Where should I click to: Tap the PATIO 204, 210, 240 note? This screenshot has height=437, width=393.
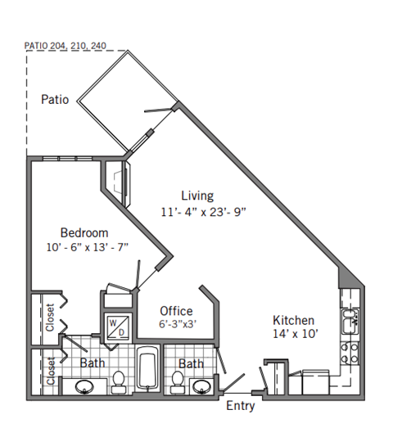tap(65, 47)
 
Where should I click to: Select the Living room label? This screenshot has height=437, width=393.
tap(197, 196)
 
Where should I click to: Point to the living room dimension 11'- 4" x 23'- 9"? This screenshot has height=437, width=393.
tap(204, 211)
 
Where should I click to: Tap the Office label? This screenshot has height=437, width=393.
tap(176, 311)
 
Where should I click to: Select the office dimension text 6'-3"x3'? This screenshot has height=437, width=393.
tap(177, 324)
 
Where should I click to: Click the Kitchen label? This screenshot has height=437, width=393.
tap(293, 320)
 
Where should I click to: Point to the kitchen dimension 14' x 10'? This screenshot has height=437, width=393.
tap(293, 334)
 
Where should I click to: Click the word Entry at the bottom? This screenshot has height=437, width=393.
tap(239, 406)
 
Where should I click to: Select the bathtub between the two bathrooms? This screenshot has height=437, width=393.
tap(148, 370)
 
